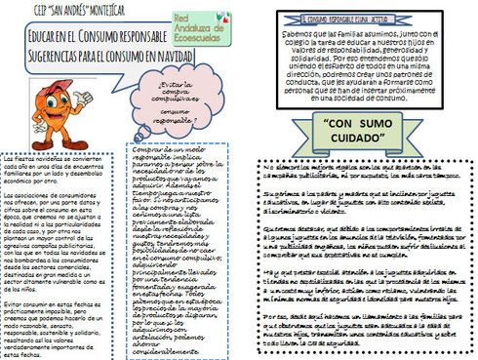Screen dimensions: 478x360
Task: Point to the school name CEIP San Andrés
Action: [x=54, y=10]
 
